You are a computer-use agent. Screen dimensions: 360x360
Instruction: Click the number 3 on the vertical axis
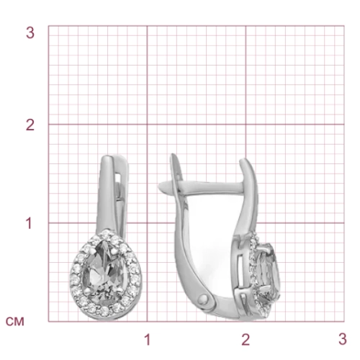[30, 32]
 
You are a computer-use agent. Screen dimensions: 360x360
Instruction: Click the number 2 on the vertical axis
[30, 125]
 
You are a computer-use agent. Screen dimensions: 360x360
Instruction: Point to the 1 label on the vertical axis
[29, 223]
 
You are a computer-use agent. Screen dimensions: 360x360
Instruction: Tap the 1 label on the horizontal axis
[148, 340]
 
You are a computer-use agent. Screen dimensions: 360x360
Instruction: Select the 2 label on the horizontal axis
[246, 340]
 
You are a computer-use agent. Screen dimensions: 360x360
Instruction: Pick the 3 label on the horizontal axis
[343, 340]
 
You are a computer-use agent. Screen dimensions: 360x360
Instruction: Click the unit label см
[15, 322]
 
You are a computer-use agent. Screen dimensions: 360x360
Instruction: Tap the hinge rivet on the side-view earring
[204, 299]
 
